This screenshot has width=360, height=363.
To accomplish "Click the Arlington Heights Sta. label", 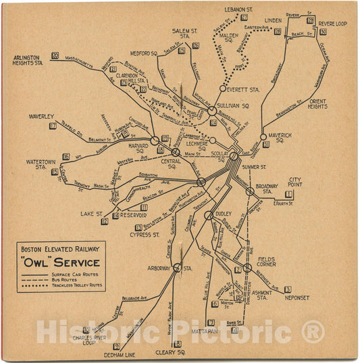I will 28,60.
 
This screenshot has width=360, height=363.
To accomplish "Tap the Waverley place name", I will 41,116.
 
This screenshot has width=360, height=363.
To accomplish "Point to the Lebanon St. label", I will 238,9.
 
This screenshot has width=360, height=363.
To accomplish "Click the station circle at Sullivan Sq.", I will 211,110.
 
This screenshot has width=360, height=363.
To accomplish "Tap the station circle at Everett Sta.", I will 222,89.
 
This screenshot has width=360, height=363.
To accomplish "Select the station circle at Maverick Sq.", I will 263,137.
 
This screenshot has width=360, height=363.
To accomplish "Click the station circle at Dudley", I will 208,215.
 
